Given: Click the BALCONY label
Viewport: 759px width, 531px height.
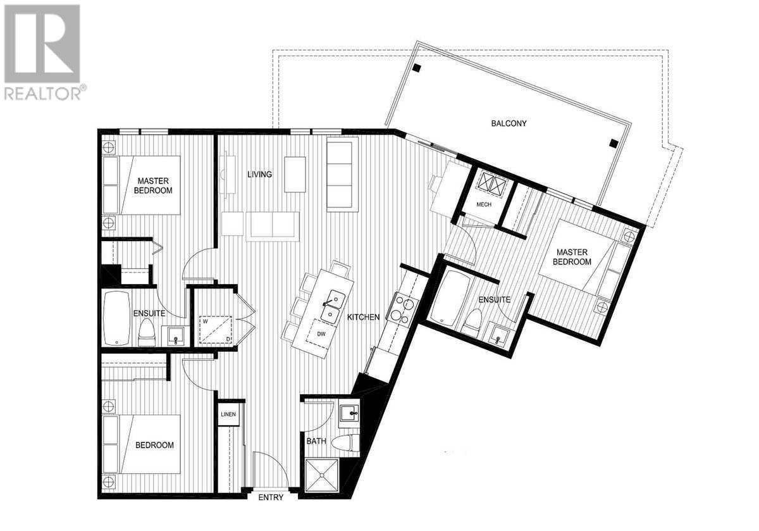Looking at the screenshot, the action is click(509, 123).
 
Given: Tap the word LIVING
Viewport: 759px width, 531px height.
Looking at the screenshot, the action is click(259, 174).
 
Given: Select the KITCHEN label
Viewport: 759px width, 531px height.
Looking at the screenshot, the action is click(363, 317).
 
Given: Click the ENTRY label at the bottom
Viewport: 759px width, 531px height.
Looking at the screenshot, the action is click(271, 497).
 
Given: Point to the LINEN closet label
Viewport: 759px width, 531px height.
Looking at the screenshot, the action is click(228, 415).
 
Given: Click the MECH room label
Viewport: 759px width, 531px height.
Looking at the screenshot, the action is click(484, 204).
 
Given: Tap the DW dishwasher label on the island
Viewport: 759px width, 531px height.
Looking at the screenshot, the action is click(321, 334).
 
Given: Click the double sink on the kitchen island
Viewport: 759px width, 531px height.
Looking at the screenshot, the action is click(333, 306).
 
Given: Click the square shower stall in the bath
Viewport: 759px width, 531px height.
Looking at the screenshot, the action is click(322, 475).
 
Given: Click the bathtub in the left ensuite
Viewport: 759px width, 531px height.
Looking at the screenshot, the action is click(116, 318).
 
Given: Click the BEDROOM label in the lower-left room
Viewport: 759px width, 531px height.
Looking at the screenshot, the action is click(154, 445).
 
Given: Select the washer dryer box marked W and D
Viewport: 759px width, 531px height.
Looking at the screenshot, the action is click(216, 330).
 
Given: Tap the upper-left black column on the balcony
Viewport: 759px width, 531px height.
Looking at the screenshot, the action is click(416, 68).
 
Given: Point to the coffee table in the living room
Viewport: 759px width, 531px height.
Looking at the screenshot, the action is click(295, 174).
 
